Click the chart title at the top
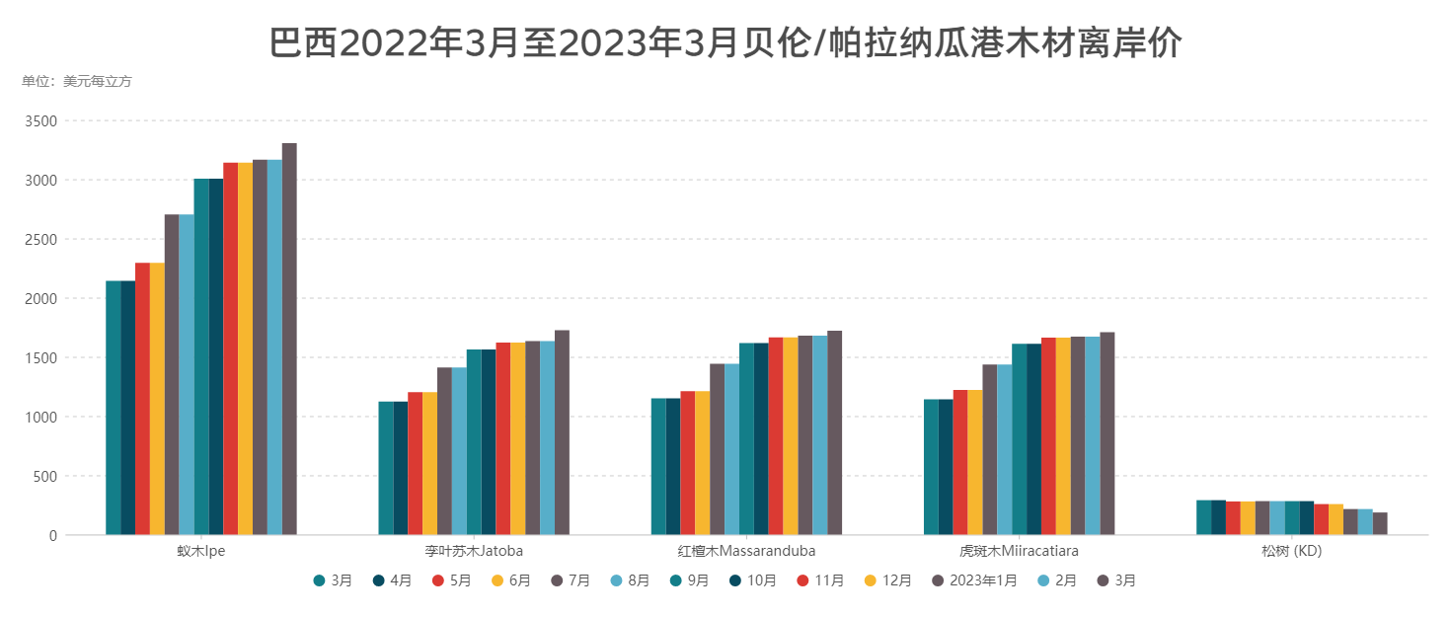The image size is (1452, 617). coord(726,43)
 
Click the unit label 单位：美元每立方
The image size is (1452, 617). coord(77,82)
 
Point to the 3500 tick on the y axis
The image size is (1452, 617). coord(42,120)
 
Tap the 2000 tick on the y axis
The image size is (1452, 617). coord(42,298)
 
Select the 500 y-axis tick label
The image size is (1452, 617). coord(46,476)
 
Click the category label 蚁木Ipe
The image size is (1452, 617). coord(200,551)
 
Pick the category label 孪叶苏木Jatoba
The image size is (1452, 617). coord(474,551)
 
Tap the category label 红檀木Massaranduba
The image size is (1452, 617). coord(746,551)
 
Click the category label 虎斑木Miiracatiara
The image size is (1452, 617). coord(1019,551)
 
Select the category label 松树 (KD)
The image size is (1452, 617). coord(1291,551)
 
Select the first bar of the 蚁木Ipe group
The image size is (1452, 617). coord(113,408)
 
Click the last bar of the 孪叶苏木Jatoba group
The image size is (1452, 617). coord(562,432)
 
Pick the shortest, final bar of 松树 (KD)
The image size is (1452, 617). coord(1380,523)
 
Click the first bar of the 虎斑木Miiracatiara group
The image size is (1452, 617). coord(931,467)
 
